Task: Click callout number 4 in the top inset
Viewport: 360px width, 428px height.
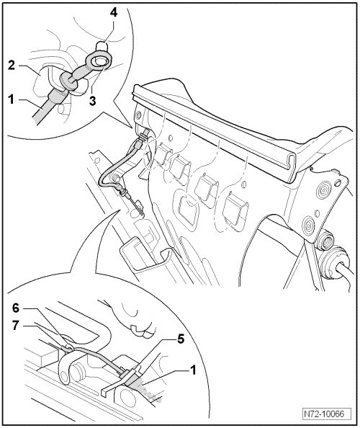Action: [114, 12]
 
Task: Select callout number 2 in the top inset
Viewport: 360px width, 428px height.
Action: [11, 66]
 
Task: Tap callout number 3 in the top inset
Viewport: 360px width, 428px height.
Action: [93, 100]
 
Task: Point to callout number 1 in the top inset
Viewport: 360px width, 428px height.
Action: [11, 99]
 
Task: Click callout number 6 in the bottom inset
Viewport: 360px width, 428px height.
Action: [16, 308]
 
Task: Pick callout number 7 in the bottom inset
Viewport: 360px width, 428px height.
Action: [16, 326]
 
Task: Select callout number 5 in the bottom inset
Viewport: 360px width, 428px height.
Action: [181, 339]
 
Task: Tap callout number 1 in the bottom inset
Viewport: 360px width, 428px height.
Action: [192, 370]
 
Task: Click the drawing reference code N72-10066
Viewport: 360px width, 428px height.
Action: [324, 414]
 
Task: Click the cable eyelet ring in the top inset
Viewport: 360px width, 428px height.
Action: [97, 61]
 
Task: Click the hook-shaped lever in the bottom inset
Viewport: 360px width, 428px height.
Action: [66, 368]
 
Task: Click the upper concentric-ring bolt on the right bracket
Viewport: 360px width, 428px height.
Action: [325, 189]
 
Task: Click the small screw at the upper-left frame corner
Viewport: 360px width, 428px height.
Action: [138, 115]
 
